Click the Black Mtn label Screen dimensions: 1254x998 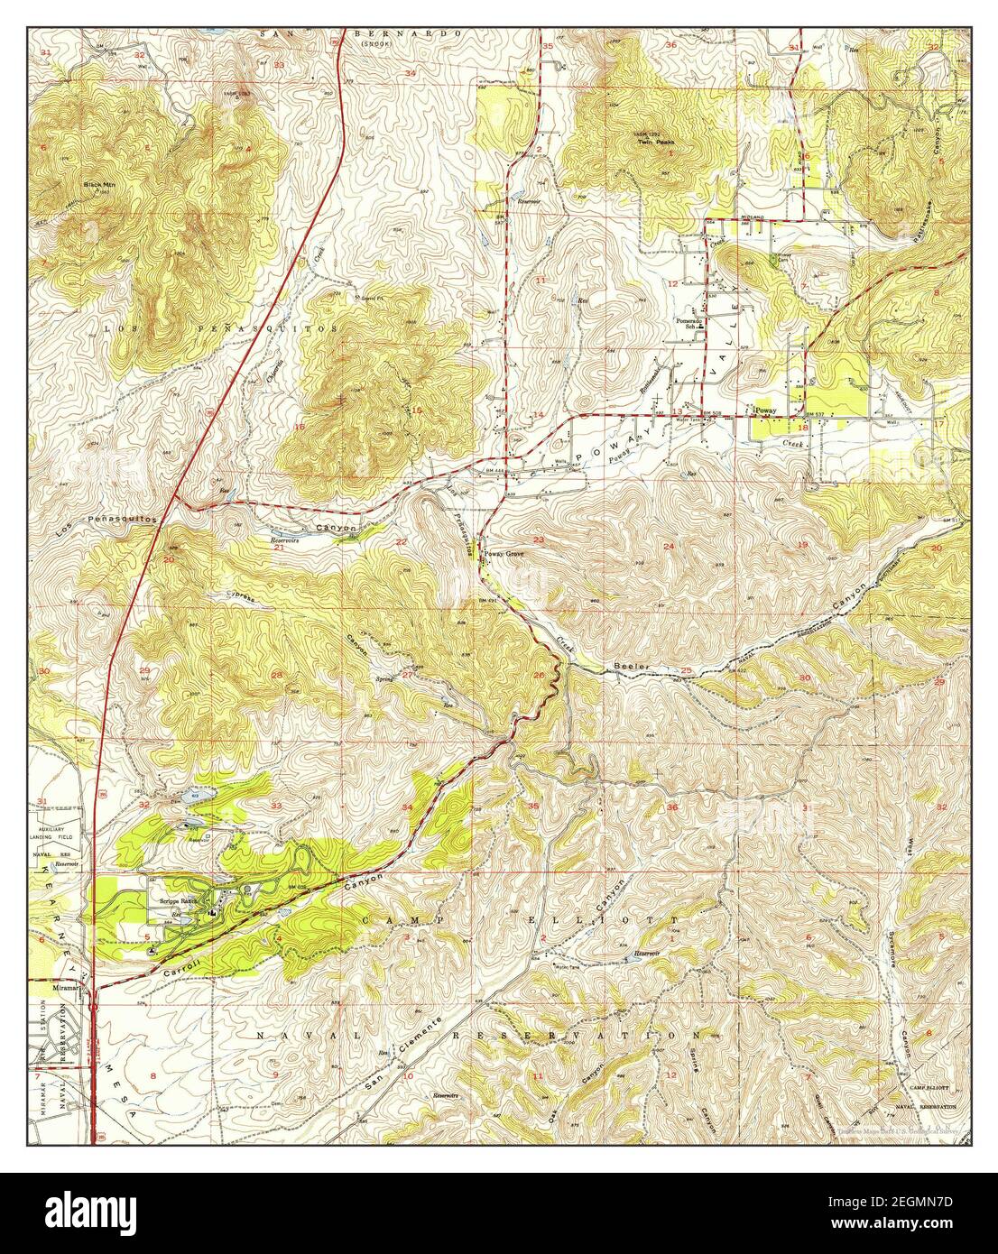[x=99, y=184]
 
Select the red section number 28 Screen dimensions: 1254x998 [x=277, y=675]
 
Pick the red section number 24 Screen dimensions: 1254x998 [x=669, y=547]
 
